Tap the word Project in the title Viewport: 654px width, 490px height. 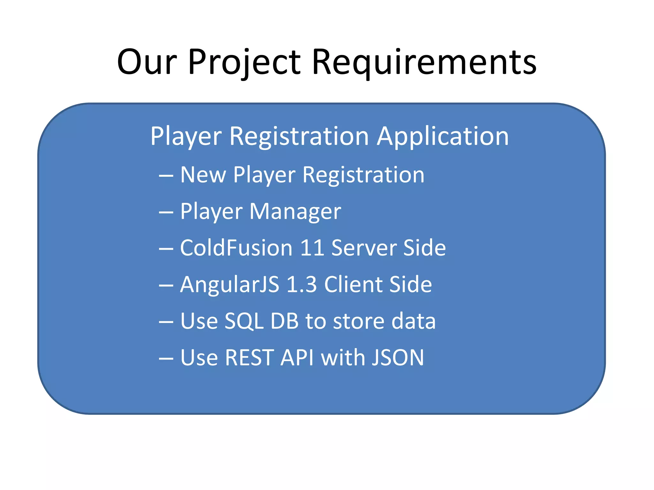click(244, 62)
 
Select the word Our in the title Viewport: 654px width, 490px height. click(147, 62)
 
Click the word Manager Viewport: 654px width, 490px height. click(295, 212)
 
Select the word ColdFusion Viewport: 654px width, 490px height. click(236, 248)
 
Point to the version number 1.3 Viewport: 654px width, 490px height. click(301, 284)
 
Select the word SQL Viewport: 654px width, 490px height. click(244, 321)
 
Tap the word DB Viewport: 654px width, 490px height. click(285, 321)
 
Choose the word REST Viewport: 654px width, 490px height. click(249, 358)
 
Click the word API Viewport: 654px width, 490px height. click(297, 358)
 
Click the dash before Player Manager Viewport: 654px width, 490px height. click(166, 212)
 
